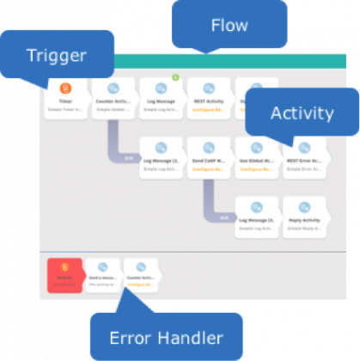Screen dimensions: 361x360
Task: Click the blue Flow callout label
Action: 229,25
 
